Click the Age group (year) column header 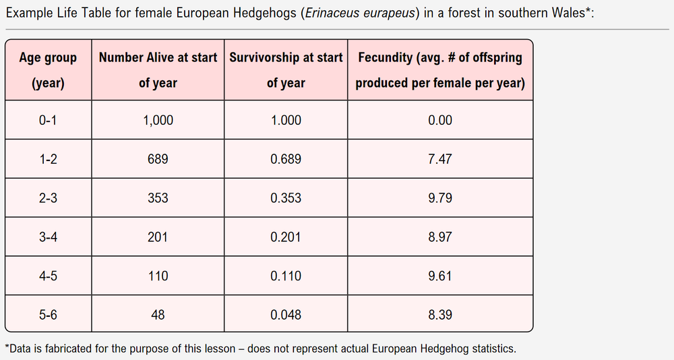coord(48,70)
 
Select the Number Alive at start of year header coord(158,70)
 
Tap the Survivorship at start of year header coord(286,70)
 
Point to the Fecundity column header coord(440,70)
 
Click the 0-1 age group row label coord(48,121)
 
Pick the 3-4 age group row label coord(48,237)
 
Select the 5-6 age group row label coord(48,315)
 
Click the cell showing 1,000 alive coord(158,121)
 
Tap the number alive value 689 coord(158,160)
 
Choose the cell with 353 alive coord(158,198)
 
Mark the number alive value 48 coord(158,315)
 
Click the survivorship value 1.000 coord(286,121)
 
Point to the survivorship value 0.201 coord(286,237)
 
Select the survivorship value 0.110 coord(286,276)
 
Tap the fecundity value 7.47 coord(440,160)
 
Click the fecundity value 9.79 coord(440,198)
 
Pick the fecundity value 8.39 coord(440,315)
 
